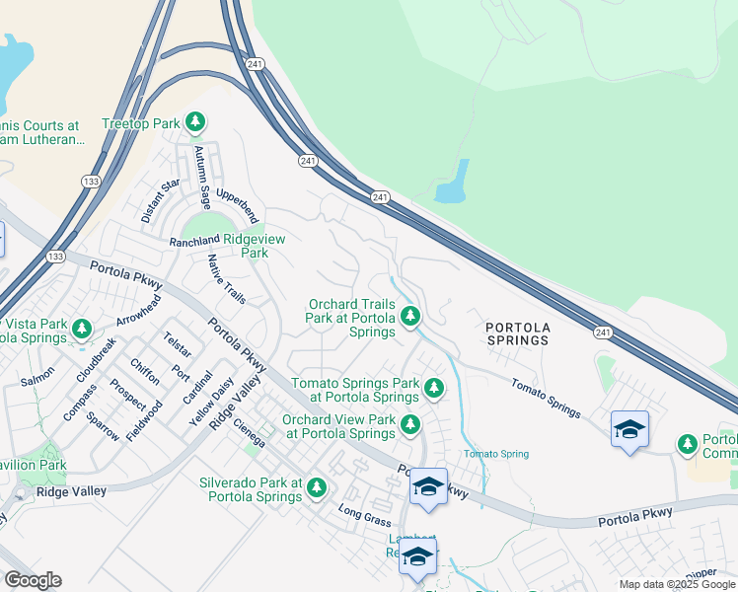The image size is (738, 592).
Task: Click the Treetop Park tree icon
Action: pyautogui.click(x=195, y=122)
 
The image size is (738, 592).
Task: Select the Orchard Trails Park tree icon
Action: pyautogui.click(x=410, y=317)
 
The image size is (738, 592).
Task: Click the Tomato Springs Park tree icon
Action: pyautogui.click(x=432, y=389)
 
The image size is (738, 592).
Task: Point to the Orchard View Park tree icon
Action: pyautogui.click(x=410, y=425)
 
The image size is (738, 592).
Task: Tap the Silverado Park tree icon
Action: pyautogui.click(x=317, y=487)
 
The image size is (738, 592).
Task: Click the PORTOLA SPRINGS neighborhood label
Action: pyautogui.click(x=516, y=333)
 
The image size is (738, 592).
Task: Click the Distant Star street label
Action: pyautogui.click(x=161, y=200)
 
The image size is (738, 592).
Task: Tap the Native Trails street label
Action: pyautogui.click(x=227, y=279)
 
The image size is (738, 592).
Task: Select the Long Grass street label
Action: pyautogui.click(x=359, y=514)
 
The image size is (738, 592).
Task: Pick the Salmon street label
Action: pyautogui.click(x=37, y=376)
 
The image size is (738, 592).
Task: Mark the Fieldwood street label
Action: pyautogui.click(x=145, y=419)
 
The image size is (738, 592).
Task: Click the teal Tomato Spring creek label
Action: pyautogui.click(x=496, y=454)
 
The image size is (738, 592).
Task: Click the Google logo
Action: pyautogui.click(x=33, y=580)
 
